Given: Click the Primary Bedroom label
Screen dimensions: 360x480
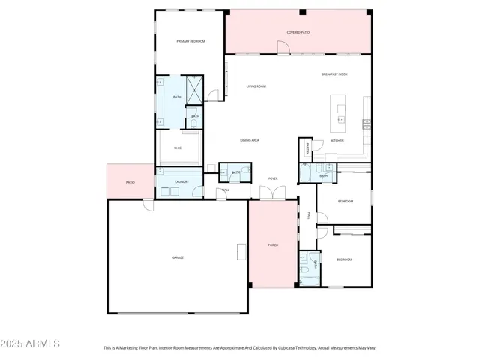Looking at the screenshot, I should coord(190,41).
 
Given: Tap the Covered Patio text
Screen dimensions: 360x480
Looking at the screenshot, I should coord(298,32).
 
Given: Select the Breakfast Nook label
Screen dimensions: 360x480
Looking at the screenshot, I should coord(334,74).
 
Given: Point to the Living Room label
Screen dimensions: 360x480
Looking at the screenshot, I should coord(256,86).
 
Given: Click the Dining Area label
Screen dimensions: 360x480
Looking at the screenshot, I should coord(250,140).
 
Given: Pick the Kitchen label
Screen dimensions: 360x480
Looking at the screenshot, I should coord(337,140).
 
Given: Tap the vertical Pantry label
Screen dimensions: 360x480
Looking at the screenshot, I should coord(307,149).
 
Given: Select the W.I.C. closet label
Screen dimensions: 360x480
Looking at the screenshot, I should coord(178,148).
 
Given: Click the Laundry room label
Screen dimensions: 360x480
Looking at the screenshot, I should coord(181,182).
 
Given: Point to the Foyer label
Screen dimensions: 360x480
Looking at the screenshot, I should coord(273,178).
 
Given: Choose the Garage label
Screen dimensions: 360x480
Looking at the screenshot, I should coord(178,257).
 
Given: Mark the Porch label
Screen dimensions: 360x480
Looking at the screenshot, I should coord(273,245).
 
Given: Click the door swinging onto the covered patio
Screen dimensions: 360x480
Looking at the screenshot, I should coord(283,49).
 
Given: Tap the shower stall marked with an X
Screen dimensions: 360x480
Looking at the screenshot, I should coord(194,91).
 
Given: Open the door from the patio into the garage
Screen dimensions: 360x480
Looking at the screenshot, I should coord(148,204).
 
